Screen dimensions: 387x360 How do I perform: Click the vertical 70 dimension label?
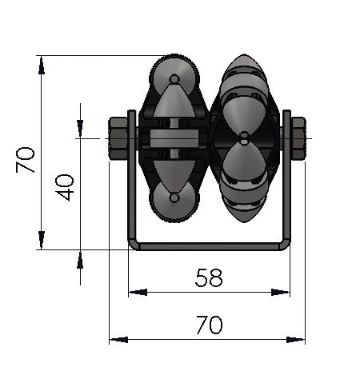point(25,160)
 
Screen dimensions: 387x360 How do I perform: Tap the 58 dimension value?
point(208,277)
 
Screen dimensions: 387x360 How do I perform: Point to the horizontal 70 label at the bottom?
point(208,325)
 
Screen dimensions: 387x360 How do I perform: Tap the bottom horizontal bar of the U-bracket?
point(210,247)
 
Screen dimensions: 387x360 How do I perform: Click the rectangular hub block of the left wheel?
point(173,139)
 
